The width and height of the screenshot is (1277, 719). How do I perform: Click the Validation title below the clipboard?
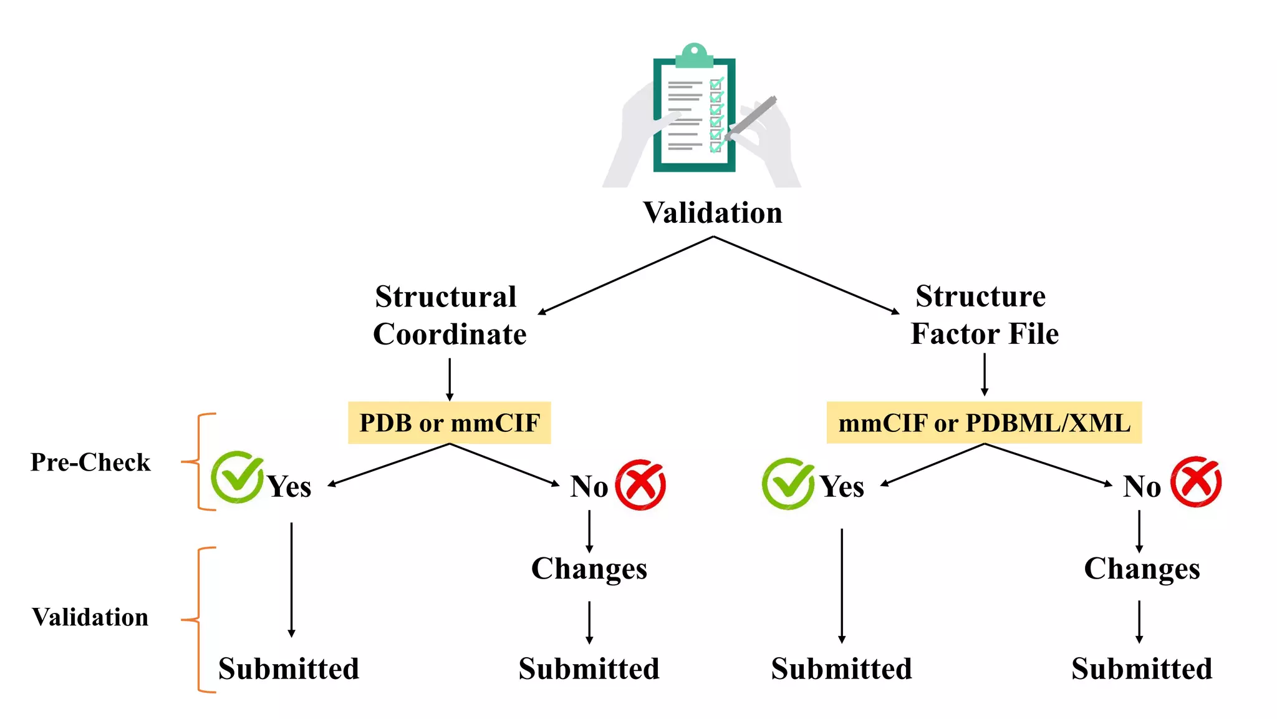click(713, 213)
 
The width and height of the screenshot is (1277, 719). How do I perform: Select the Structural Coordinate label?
click(449, 315)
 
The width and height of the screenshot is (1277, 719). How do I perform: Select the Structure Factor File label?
click(984, 315)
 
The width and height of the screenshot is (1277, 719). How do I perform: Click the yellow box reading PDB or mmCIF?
click(449, 423)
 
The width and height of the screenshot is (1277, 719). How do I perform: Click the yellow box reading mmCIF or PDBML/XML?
click(984, 423)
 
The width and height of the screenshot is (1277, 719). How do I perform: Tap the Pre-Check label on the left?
click(90, 462)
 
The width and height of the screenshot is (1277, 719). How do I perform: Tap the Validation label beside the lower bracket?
click(90, 617)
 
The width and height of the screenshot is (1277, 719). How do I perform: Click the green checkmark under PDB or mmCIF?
click(237, 477)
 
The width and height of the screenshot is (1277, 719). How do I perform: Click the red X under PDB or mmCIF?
click(640, 485)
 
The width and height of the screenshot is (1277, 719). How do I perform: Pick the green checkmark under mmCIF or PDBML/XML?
click(788, 484)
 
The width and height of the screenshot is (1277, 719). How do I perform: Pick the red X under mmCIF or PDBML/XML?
click(1195, 482)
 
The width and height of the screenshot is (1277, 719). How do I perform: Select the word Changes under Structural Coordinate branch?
click(589, 569)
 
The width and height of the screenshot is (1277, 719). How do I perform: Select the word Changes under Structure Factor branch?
click(1142, 569)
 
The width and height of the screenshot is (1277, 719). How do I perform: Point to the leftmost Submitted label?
click(289, 668)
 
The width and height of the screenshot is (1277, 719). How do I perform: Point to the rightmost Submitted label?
click(1142, 668)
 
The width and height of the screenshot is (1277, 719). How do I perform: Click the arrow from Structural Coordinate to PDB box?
click(450, 379)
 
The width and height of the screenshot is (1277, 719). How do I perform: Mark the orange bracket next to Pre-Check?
click(198, 462)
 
